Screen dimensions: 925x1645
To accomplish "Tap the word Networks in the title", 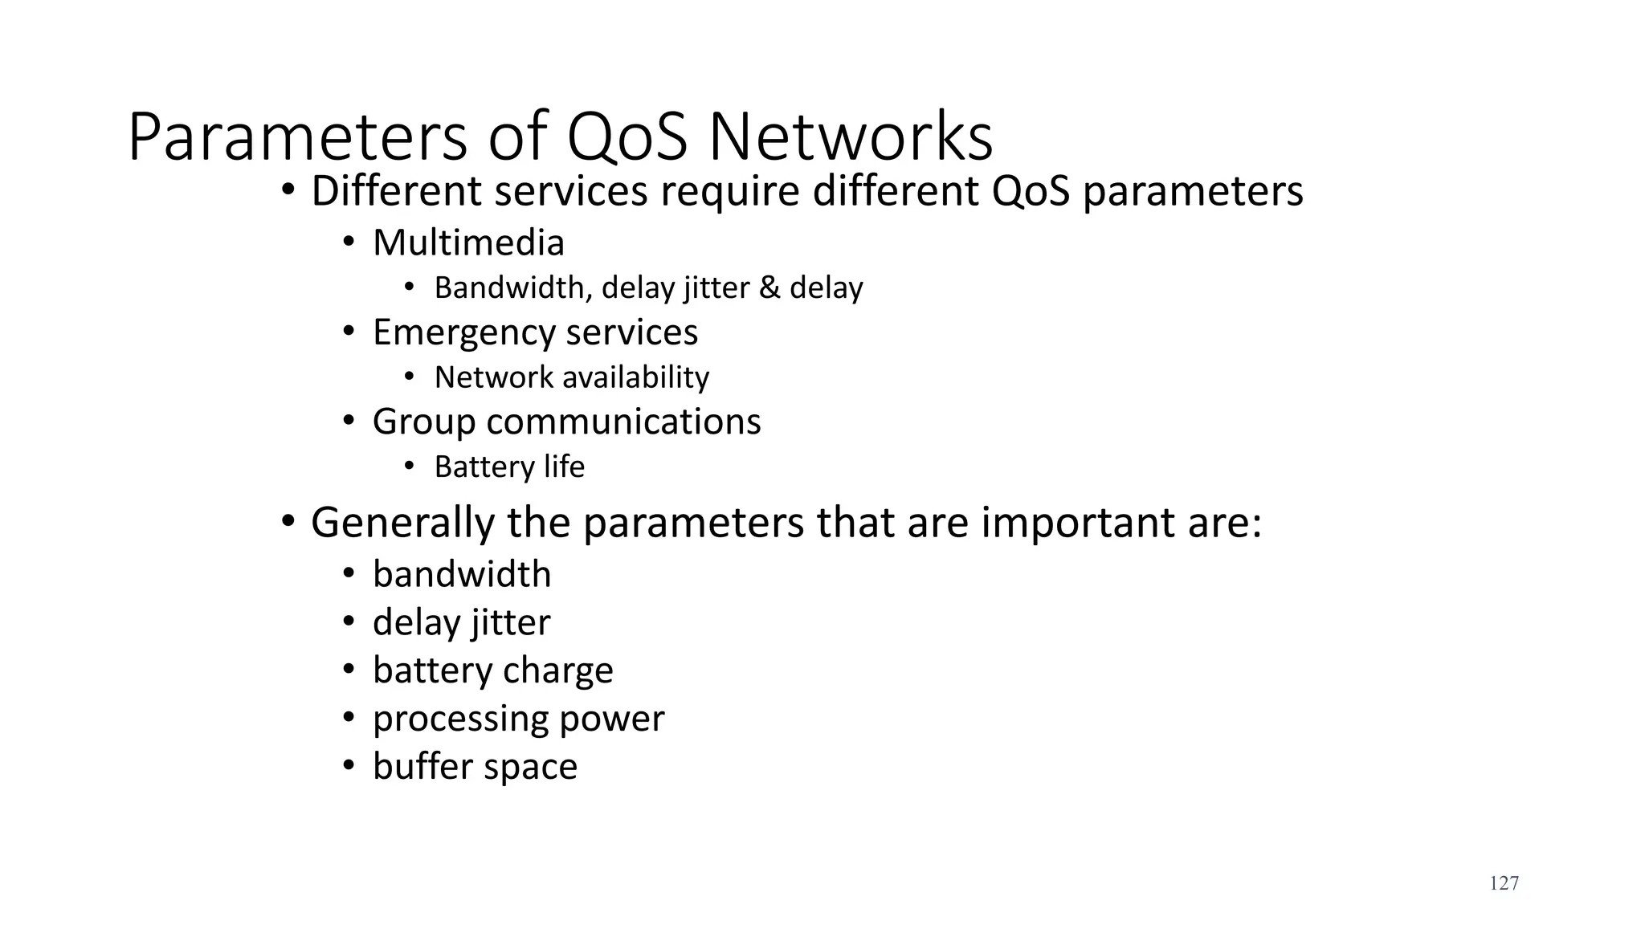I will click(851, 137).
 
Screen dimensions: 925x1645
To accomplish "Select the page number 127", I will click(1504, 883).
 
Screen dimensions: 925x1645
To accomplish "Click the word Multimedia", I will click(468, 242).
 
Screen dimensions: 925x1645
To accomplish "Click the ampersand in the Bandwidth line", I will click(769, 287).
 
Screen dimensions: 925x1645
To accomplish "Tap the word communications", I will click(623, 422).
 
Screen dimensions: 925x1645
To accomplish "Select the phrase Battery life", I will click(509, 467).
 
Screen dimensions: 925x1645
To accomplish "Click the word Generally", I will click(402, 523).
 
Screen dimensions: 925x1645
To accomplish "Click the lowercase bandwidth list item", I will click(462, 574).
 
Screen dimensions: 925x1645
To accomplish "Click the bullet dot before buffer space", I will click(349, 766).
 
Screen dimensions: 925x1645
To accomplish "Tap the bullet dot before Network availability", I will click(410, 377).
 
